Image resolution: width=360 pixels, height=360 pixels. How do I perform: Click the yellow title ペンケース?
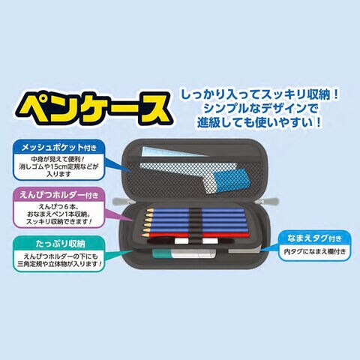94,109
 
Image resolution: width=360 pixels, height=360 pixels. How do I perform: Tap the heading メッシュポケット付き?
58,148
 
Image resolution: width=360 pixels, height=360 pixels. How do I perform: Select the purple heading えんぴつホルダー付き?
59,195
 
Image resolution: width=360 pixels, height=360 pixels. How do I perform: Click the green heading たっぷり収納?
60,244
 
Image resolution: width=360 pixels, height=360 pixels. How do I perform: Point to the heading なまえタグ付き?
314,238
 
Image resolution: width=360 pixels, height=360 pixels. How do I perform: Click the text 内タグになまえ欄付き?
315,251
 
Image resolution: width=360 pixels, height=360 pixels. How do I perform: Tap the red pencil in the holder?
196,235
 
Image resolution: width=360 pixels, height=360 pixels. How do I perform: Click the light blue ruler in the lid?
173,151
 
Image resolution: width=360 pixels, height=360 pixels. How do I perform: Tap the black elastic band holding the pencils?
196,225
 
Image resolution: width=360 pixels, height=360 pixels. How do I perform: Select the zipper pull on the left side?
121,201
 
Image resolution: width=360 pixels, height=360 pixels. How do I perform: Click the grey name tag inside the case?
244,250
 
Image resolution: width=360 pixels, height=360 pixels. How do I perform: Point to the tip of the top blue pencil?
147,211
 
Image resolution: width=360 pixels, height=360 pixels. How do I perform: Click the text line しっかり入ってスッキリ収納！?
259,95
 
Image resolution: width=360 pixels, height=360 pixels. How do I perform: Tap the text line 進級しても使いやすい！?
259,122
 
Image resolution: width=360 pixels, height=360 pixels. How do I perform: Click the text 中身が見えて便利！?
58,159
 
